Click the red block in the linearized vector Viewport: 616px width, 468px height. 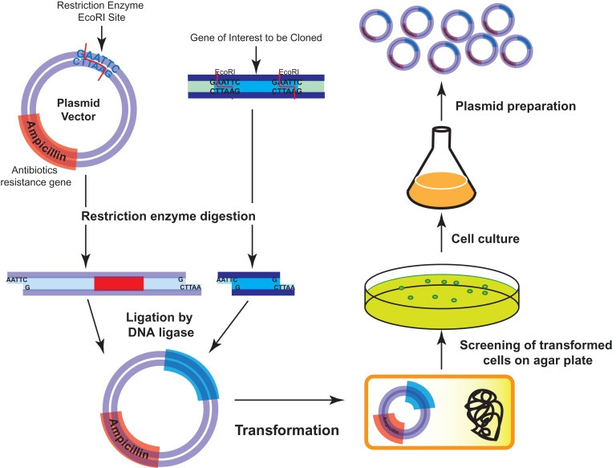[119, 283]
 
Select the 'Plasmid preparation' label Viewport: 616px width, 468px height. [494, 104]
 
